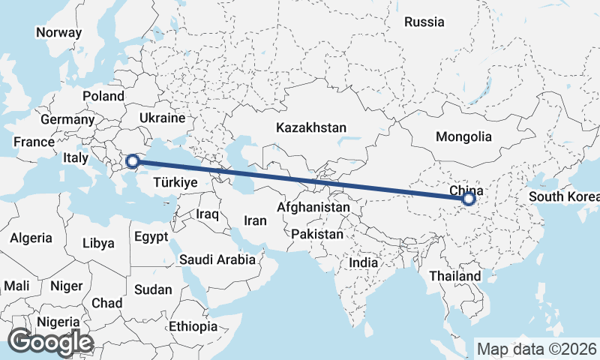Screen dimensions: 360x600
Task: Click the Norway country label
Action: [58, 32]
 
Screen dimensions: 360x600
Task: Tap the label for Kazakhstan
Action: [310, 127]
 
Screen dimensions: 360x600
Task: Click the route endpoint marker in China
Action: [469, 199]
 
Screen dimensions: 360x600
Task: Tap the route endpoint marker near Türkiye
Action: [132, 160]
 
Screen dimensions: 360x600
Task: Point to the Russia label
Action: [424, 22]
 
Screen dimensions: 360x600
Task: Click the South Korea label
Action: [564, 197]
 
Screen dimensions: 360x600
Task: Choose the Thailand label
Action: [454, 276]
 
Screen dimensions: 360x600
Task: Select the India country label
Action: [364, 263]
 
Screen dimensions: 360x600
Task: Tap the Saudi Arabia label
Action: [217, 260]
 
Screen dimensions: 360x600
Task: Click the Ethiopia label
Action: [193, 327]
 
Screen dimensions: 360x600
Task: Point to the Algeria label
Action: [31, 238]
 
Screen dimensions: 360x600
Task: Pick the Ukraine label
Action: [162, 118]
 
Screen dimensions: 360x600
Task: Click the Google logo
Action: [50, 342]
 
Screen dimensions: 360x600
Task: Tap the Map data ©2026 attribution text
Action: [536, 349]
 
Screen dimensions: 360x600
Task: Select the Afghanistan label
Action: [313, 207]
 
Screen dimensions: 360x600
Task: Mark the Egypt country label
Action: [152, 238]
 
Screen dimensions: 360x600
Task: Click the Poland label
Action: [103, 96]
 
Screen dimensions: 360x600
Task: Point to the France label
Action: [34, 142]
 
